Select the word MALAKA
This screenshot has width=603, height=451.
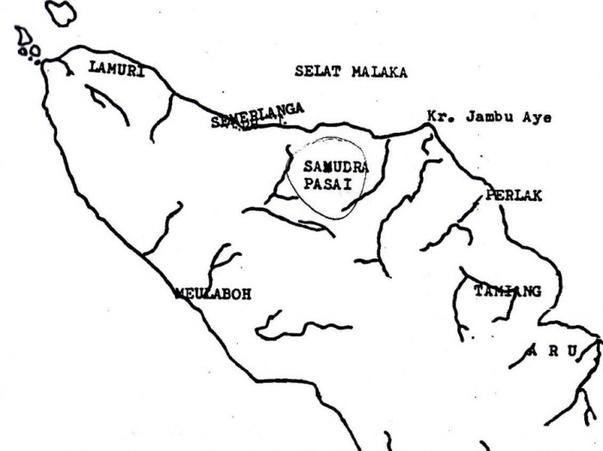[x=378, y=72]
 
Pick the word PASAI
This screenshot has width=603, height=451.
[x=328, y=185]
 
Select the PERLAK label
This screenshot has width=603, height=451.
[x=513, y=195]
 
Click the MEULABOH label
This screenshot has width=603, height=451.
[x=212, y=293]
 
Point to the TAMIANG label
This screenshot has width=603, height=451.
[x=507, y=291]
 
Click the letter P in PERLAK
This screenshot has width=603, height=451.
[x=490, y=195]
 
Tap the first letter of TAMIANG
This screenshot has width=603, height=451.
[x=478, y=291]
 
